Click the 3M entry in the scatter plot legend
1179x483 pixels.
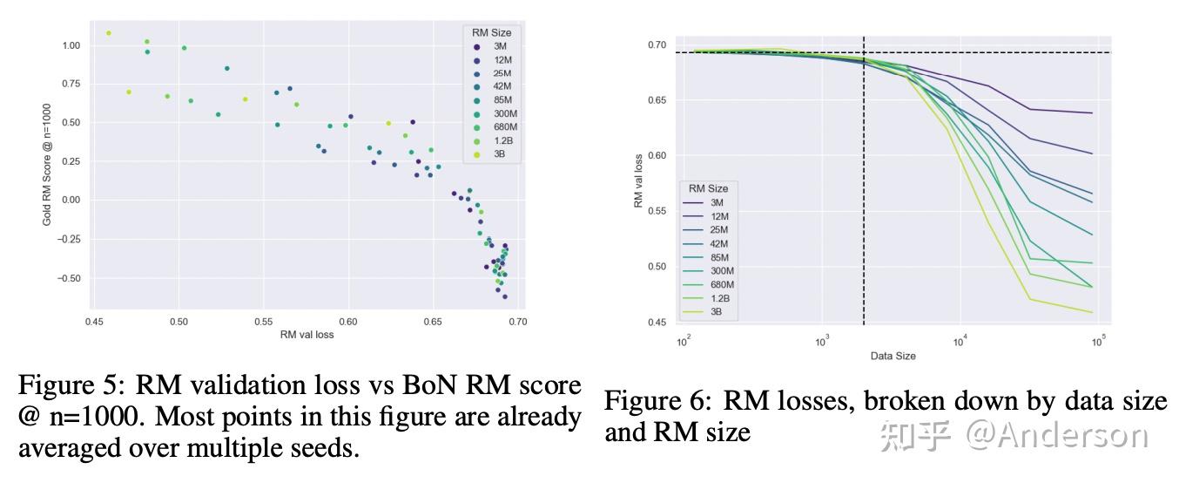pos(495,46)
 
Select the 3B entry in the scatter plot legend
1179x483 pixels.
pos(495,154)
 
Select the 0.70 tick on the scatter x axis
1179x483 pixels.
pos(518,321)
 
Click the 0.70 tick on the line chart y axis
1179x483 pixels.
pos(657,44)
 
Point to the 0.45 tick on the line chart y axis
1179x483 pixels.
pos(657,323)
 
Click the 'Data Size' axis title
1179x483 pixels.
pos(893,356)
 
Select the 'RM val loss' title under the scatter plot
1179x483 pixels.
pos(307,334)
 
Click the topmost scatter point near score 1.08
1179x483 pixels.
pos(109,33)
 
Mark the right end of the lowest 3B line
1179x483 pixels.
pos(1092,312)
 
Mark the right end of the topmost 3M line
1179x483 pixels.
pos(1092,113)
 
